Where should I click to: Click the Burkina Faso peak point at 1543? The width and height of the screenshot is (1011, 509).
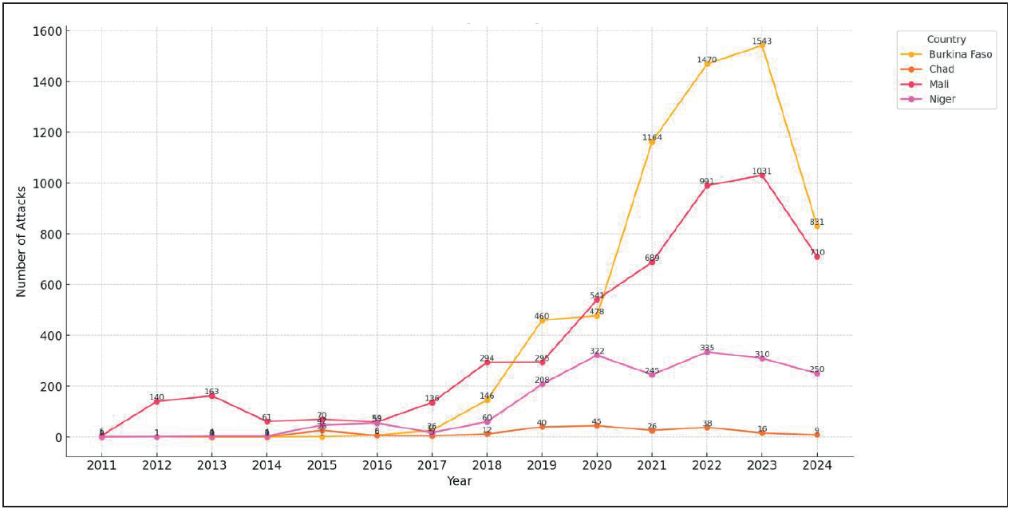click(762, 45)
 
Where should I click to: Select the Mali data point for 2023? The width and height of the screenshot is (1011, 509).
click(762, 176)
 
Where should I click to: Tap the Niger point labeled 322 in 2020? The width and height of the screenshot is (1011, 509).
click(597, 355)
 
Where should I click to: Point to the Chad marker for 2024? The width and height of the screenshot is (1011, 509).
click(817, 435)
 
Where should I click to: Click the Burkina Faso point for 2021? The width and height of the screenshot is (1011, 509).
click(652, 142)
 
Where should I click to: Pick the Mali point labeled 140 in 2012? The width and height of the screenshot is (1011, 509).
click(156, 401)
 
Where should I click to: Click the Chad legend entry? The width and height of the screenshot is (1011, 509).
click(941, 69)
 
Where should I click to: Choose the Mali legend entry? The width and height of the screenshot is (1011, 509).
click(939, 85)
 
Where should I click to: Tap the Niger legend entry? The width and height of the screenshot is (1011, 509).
click(942, 100)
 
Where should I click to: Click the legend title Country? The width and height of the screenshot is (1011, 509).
click(946, 39)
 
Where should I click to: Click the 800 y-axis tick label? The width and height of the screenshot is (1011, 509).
click(49, 234)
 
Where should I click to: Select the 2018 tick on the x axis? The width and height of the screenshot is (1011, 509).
click(487, 466)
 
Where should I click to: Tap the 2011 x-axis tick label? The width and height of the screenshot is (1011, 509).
click(101, 466)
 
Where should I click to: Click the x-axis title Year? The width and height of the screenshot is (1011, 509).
click(459, 481)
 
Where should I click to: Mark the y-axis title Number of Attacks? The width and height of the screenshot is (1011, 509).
click(22, 241)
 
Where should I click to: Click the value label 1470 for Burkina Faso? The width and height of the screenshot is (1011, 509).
click(707, 60)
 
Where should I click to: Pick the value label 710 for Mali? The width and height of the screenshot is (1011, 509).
click(817, 252)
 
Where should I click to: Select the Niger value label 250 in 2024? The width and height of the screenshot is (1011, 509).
click(817, 369)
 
